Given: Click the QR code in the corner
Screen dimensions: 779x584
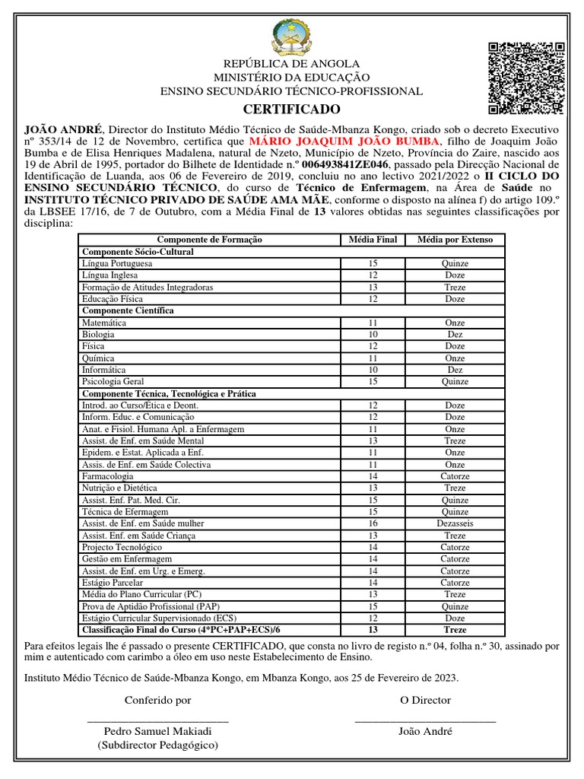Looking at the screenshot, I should [526, 78].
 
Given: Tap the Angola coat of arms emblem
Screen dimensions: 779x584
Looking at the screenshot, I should [291, 38].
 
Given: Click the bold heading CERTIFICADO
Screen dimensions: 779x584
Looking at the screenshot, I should [292, 110].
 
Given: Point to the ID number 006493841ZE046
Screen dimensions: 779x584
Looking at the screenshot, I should [345, 164].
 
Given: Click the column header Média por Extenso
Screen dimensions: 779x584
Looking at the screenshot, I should [455, 240].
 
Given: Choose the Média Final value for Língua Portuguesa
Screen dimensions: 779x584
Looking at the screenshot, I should [373, 263].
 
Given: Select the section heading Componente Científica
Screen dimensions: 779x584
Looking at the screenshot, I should [128, 310].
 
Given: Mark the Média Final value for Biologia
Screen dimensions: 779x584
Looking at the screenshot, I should [373, 334].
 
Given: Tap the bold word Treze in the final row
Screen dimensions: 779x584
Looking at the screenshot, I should [455, 630].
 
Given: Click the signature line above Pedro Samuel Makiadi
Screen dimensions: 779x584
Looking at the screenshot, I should [158, 720].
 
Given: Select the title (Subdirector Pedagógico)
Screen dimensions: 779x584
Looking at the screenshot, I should [157, 746].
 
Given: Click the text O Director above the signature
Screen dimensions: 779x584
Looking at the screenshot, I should [425, 700].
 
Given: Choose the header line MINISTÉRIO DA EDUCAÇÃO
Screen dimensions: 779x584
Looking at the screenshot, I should [291, 78].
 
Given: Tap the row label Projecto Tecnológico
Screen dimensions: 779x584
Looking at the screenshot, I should [122, 547].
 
